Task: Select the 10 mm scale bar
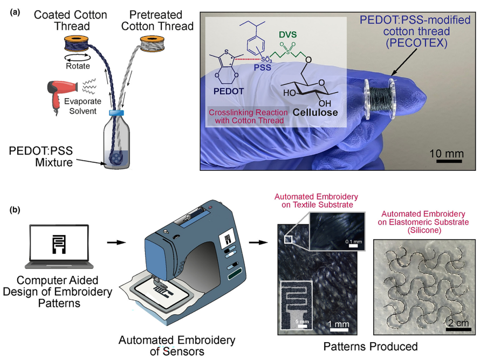447,161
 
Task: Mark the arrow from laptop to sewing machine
114,243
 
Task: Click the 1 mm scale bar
338,331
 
